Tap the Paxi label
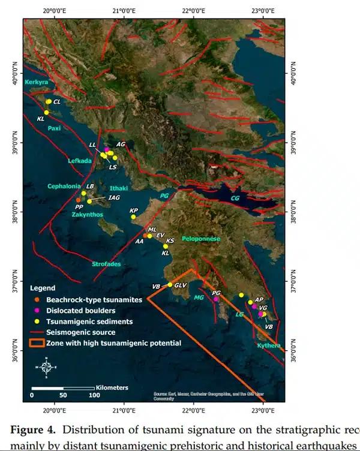(x=55, y=128)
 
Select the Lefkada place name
(x=80, y=161)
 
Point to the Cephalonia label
(x=64, y=187)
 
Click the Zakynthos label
(x=88, y=214)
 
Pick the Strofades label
(x=107, y=264)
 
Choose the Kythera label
(x=268, y=345)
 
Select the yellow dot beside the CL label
(x=49, y=101)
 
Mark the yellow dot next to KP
(x=134, y=217)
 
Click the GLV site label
(x=181, y=285)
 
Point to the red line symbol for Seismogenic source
(x=37, y=332)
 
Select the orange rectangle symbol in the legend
(x=37, y=344)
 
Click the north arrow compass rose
(x=46, y=366)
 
